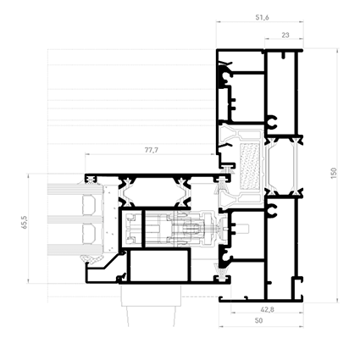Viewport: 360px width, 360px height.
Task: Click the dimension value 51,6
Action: click(x=262, y=18)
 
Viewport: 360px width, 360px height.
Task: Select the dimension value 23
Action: click(x=285, y=36)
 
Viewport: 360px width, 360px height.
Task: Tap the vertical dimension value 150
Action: click(x=334, y=173)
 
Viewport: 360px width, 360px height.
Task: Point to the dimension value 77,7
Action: click(x=152, y=150)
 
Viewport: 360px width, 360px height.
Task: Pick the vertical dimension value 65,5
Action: click(x=25, y=222)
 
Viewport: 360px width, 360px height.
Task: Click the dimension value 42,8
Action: click(x=267, y=310)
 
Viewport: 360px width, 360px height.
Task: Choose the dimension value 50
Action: click(x=258, y=320)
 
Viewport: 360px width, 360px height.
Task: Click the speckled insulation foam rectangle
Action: click(x=250, y=167)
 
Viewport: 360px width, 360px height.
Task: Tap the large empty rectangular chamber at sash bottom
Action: click(x=159, y=265)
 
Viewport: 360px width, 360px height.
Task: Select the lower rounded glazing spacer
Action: click(x=89, y=234)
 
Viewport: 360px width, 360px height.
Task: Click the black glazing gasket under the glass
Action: click(x=91, y=258)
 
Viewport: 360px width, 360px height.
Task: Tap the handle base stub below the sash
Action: click(x=151, y=296)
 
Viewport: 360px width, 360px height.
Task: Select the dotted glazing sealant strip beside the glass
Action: click(x=110, y=219)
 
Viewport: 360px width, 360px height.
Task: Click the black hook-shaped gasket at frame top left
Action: click(x=225, y=75)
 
